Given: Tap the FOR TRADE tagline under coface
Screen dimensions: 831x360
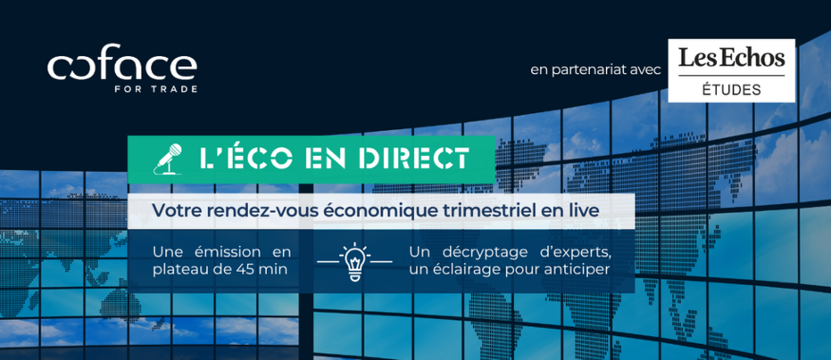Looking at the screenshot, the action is pyautogui.click(x=156, y=89).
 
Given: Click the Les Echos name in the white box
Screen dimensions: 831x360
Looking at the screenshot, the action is pyautogui.click(x=731, y=58).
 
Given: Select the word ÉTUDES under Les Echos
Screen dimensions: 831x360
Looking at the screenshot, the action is pyautogui.click(x=731, y=89).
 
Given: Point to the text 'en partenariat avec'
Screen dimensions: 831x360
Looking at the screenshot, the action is pyautogui.click(x=596, y=70).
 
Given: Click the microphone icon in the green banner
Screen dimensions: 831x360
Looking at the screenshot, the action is pyautogui.click(x=168, y=159).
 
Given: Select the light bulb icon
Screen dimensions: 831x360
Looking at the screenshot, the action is pyautogui.click(x=354, y=261).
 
